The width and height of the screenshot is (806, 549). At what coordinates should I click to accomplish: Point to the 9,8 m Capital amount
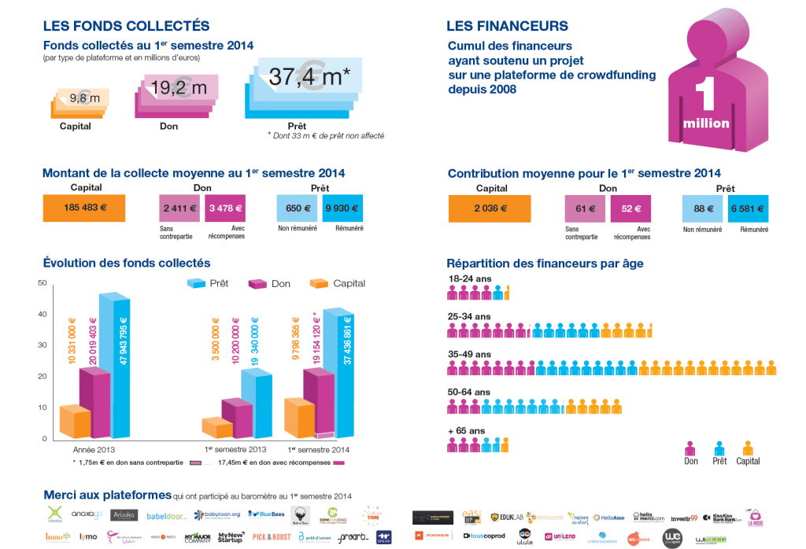click(x=85, y=98)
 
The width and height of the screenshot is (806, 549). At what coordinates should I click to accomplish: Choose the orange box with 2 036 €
click(x=490, y=209)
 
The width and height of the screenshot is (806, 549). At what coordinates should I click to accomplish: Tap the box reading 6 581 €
click(x=749, y=209)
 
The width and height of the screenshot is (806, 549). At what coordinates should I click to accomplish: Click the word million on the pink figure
click(x=706, y=123)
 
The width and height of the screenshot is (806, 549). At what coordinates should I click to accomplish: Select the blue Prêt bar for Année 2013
click(x=115, y=366)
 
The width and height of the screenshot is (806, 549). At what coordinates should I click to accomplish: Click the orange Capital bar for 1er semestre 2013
click(x=217, y=426)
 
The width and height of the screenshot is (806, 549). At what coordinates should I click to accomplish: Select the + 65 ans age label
click(x=467, y=430)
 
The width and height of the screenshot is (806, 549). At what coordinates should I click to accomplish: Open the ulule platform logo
click(x=524, y=537)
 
